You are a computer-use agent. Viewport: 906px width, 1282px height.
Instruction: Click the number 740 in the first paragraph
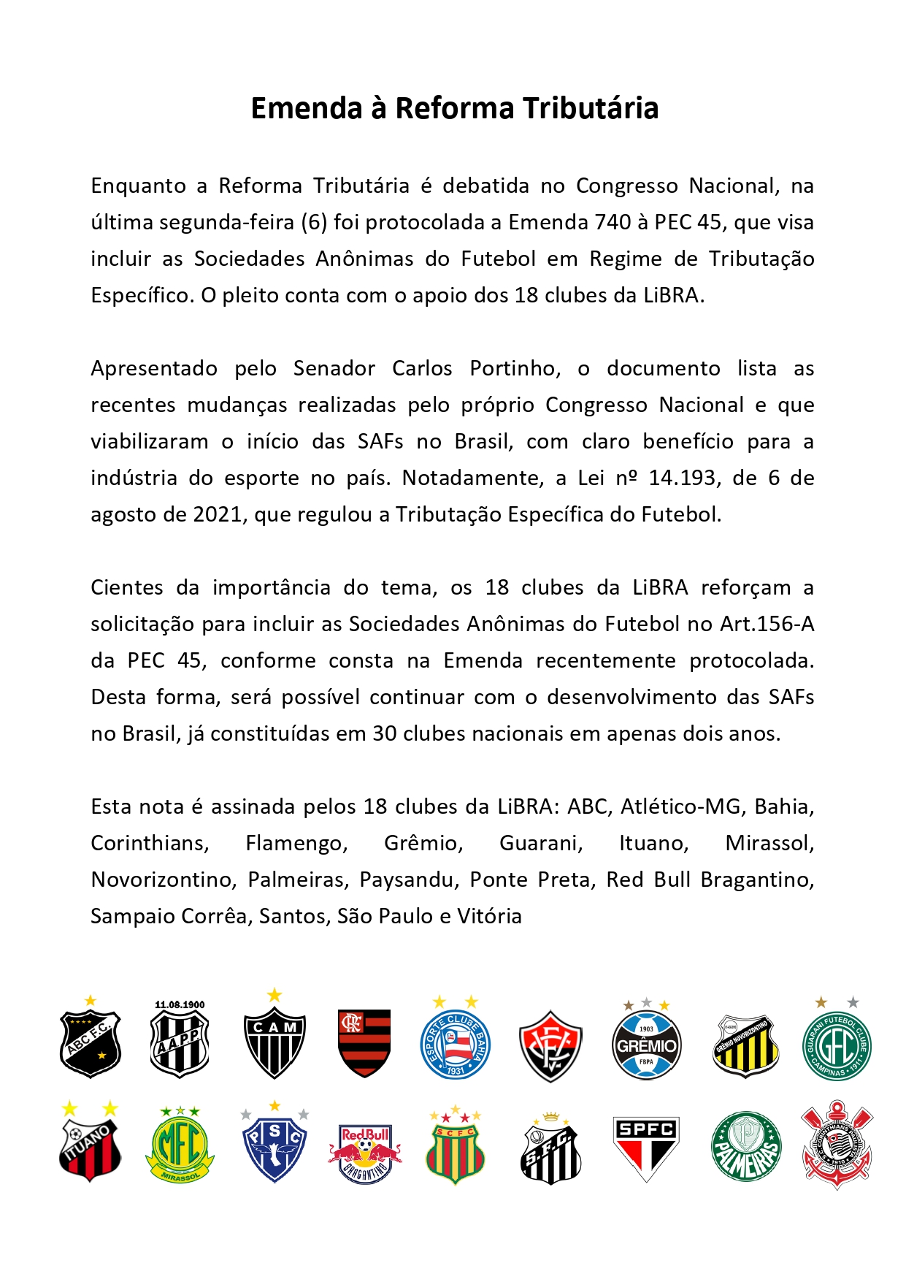tap(613, 222)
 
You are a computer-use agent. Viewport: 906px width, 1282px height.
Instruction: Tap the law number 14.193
tap(682, 478)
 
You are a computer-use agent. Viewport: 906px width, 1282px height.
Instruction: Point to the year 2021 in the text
tap(217, 514)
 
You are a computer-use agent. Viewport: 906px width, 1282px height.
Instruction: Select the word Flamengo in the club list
tap(296, 843)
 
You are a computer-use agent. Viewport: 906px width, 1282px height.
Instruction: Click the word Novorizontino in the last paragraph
tap(164, 880)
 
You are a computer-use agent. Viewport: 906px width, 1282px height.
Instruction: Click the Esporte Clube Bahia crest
tap(455, 1043)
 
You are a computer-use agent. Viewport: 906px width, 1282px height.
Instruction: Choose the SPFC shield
tap(646, 1147)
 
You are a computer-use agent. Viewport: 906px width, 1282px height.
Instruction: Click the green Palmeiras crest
tap(745, 1147)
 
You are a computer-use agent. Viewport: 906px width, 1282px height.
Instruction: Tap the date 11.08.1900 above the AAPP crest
tap(180, 1004)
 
